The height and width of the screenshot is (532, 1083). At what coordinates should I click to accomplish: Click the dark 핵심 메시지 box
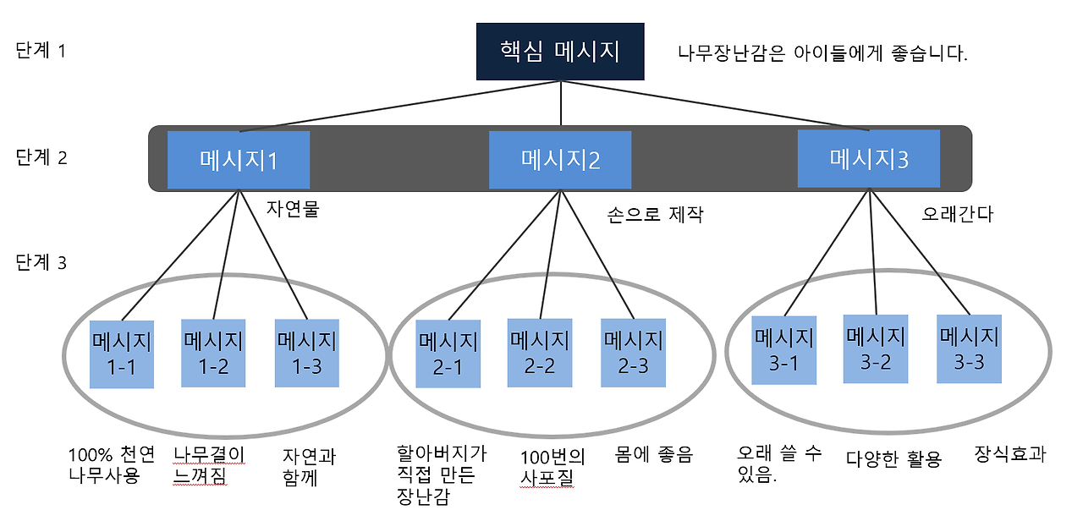(x=560, y=52)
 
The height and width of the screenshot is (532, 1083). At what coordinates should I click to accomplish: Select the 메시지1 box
(x=239, y=160)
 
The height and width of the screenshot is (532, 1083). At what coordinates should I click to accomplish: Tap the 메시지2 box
(x=560, y=160)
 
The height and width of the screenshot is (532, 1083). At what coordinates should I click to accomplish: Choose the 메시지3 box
(x=869, y=158)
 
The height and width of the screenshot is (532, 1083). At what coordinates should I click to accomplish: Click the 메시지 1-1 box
(x=122, y=354)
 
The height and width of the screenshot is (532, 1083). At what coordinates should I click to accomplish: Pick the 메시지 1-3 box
(x=307, y=354)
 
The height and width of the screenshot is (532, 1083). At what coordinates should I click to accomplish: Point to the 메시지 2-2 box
(x=540, y=353)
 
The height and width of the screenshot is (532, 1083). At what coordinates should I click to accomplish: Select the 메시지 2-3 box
(x=634, y=353)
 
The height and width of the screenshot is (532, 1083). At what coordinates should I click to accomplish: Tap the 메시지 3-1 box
(x=784, y=350)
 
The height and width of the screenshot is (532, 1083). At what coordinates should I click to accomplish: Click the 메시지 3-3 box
(x=970, y=348)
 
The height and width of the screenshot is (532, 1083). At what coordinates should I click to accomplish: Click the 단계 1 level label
(x=41, y=50)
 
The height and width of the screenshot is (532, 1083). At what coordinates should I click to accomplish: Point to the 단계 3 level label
(x=41, y=262)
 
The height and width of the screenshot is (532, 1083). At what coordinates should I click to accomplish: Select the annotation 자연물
(x=293, y=209)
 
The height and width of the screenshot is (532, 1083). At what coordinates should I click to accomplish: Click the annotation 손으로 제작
(x=655, y=214)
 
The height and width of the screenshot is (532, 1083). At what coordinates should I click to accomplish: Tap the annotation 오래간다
(x=957, y=214)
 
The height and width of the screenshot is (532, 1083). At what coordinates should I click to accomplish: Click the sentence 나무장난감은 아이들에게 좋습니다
(x=822, y=52)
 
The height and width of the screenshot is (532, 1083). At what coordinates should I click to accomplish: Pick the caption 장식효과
(x=1010, y=453)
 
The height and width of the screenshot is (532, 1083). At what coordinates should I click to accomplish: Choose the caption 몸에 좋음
(x=654, y=453)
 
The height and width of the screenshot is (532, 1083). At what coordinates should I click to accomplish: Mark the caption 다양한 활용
(x=894, y=458)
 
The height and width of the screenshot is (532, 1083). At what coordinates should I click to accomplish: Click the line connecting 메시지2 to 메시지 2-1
(x=504, y=255)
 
